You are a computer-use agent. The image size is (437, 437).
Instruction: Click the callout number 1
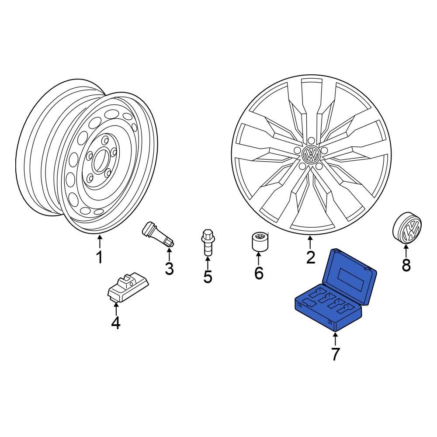pos(99,257)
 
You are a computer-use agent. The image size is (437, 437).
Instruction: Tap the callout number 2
pos(310,257)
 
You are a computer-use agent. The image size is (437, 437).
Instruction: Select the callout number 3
pos(169,269)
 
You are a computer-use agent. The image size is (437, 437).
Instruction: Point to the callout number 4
pos(115,323)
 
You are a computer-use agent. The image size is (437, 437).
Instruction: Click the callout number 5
pos(207,276)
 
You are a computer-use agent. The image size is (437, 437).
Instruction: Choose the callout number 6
pos(259,274)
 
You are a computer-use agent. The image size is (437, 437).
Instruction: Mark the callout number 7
pos(335,354)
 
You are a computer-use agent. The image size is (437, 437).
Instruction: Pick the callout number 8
pos(406,265)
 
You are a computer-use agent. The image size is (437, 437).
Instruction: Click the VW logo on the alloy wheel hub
pos(311,155)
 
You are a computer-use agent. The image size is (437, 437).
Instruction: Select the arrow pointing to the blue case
pos(335,339)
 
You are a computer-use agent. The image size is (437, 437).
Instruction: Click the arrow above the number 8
pos(406,251)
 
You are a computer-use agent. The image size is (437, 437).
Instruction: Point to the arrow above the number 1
pos(99,242)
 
